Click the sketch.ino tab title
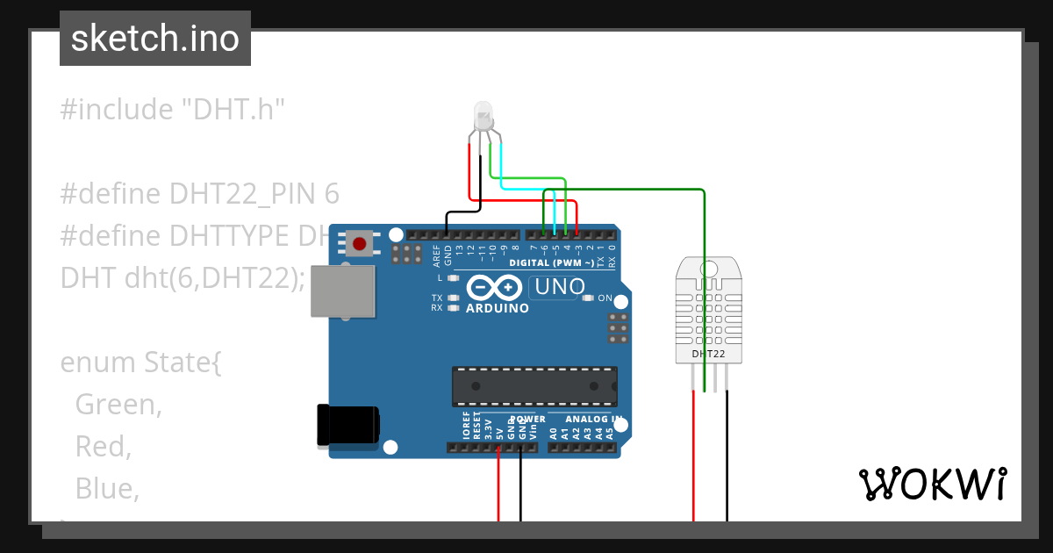155,39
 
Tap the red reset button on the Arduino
359,243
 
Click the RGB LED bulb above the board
484,115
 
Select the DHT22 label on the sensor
708,354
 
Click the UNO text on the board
560,287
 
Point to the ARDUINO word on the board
498,308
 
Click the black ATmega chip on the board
534,385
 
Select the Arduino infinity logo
495,287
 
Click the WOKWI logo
932,484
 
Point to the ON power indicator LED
588,298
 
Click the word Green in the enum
119,405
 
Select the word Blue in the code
107,488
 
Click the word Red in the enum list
104,447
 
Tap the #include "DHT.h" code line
173,110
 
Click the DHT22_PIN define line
199,194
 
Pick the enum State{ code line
140,363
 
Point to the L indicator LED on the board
454,278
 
